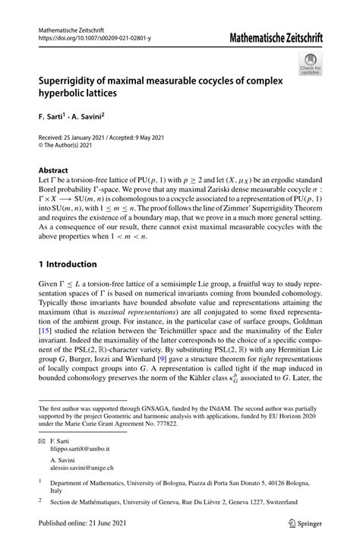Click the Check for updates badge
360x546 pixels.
pyautogui.click(x=311, y=65)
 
